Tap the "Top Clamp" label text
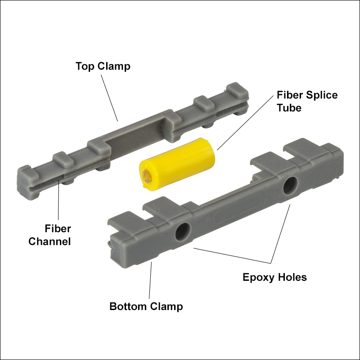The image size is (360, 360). pyautogui.click(x=103, y=66)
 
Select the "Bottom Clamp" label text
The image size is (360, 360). pyautogui.click(x=146, y=306)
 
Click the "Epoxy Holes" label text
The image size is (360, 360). pyautogui.click(x=274, y=277)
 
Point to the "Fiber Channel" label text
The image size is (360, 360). pyautogui.click(x=49, y=235)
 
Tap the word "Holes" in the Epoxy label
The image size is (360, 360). pyautogui.click(x=291, y=277)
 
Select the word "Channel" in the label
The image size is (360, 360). pyautogui.click(x=49, y=241)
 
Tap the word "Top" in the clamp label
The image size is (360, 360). pyautogui.click(x=84, y=66)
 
